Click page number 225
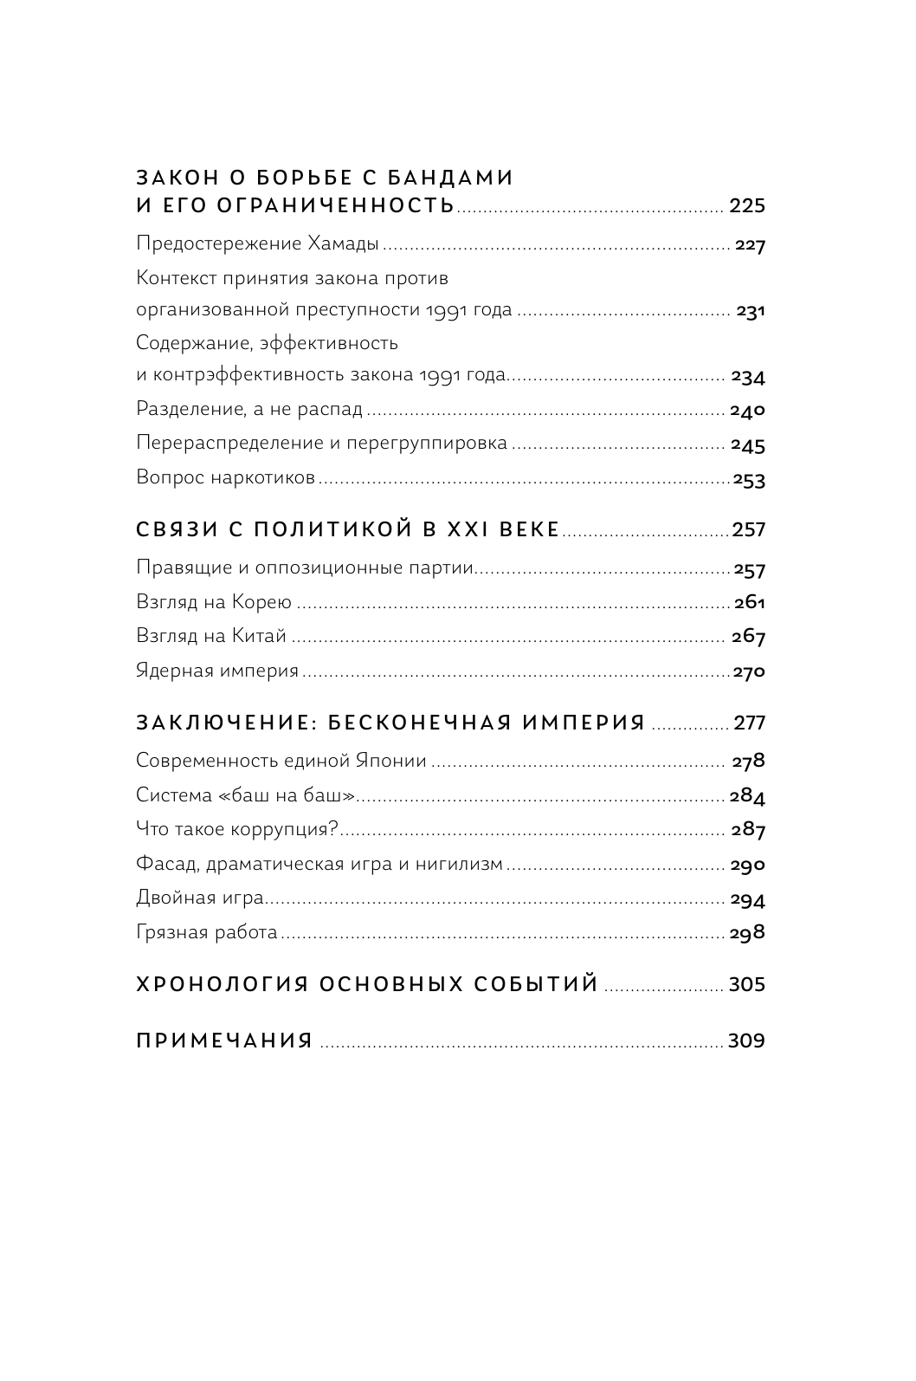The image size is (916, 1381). pyautogui.click(x=747, y=206)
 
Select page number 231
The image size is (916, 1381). pyautogui.click(x=751, y=311)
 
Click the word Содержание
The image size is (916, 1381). pyautogui.click(x=181, y=343)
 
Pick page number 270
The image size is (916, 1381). pyautogui.click(x=749, y=671)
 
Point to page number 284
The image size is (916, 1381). pyautogui.click(x=749, y=796)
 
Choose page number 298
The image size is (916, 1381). pyautogui.click(x=749, y=933)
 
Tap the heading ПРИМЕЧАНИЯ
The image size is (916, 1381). pyautogui.click(x=224, y=1041)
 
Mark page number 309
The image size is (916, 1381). pyautogui.click(x=746, y=1041)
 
